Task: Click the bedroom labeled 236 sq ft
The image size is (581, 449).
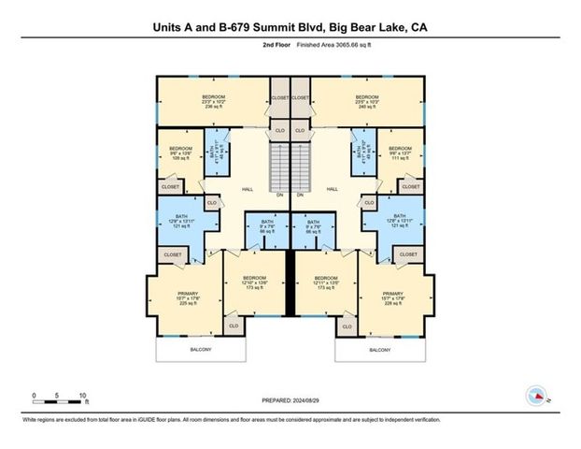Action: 213,101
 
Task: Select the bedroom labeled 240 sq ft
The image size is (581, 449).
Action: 366,101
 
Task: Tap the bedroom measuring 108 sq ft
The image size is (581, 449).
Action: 180,153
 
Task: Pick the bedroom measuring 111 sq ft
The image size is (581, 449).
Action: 400,153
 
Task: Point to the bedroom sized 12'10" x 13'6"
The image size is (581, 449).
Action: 254,282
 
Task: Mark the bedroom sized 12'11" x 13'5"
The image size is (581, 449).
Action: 326,282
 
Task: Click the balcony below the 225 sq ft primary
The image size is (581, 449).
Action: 200,350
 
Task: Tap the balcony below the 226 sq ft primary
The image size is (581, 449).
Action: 379,350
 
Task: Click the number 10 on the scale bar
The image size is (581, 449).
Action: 84,395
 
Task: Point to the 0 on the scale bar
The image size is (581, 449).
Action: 34,395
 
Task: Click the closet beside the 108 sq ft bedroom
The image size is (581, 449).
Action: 170,187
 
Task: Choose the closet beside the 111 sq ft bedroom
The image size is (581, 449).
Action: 409,187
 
